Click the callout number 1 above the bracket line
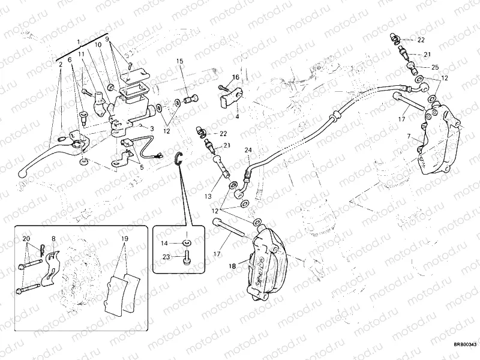[79, 41]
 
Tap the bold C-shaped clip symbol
[179, 158]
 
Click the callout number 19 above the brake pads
[124, 238]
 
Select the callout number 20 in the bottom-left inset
[26, 239]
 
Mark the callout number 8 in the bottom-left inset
[53, 238]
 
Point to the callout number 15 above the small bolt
[179, 61]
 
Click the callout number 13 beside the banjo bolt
[208, 196]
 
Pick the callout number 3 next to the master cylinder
[152, 128]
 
